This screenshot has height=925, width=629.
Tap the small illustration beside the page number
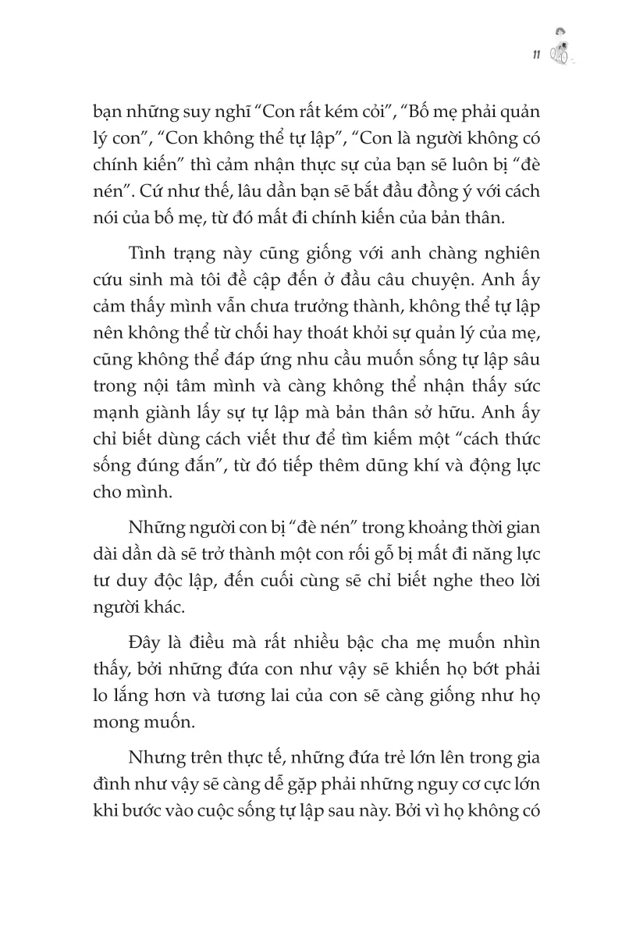[x=560, y=49]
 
